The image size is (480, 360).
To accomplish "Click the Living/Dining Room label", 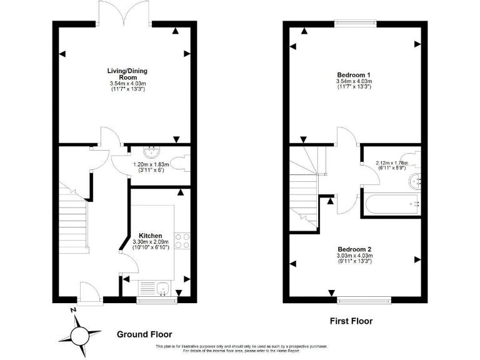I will pyautogui.click(x=127, y=74).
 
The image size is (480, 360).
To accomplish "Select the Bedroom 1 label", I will pyautogui.click(x=354, y=74).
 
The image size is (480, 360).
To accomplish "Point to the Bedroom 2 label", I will pyautogui.click(x=354, y=247).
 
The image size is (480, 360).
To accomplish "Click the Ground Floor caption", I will pyautogui.click(x=144, y=334).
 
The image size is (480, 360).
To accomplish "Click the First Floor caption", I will pyautogui.click(x=351, y=321).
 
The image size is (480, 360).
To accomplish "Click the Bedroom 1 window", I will pyautogui.click(x=354, y=23).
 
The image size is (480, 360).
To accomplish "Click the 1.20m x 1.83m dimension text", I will pyautogui.click(x=148, y=168).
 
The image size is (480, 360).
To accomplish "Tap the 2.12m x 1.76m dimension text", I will pyautogui.click(x=391, y=165).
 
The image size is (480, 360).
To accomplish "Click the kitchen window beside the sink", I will pyautogui.click(x=157, y=301).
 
